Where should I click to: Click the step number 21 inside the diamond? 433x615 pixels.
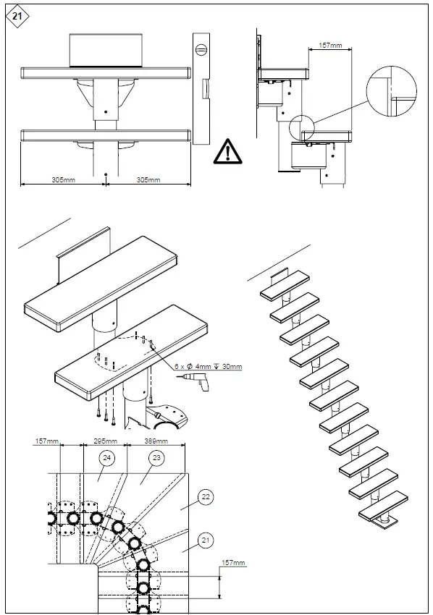coord(16,15)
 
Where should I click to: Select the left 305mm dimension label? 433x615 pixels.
coord(64,179)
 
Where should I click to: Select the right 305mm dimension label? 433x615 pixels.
coord(148,179)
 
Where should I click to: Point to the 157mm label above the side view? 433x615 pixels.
coord(330,46)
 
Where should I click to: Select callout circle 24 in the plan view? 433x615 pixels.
coord(106,457)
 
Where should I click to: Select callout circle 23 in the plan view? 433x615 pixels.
coord(156,457)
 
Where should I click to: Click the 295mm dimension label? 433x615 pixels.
coord(106,441)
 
